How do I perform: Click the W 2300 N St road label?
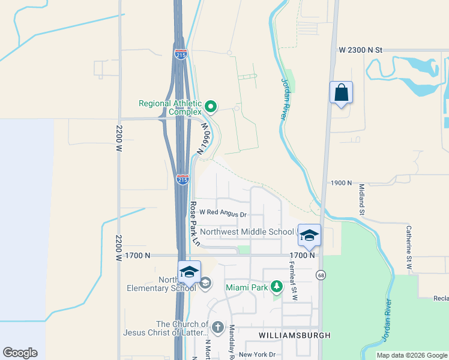[360, 50]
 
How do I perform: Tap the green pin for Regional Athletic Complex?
[211, 107]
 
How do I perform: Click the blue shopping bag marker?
[341, 93]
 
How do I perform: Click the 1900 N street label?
[341, 182]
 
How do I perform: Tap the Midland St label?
[362, 200]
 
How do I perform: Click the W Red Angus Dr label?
[223, 214]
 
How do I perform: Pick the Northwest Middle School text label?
[247, 232]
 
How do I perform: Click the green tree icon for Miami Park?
[276, 287]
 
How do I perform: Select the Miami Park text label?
[247, 287]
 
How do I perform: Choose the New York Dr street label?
[256, 355]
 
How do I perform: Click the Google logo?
[20, 353]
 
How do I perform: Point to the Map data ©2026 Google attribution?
[411, 355]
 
